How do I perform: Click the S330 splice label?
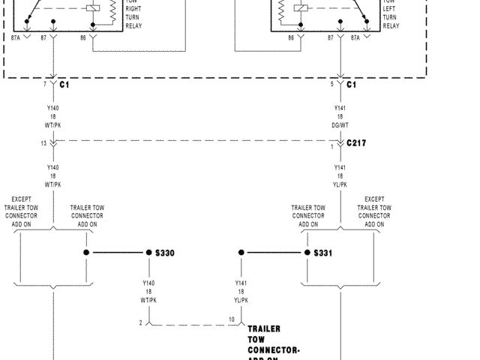[164, 253]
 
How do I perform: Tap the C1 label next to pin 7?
[64, 85]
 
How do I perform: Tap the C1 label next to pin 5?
[352, 85]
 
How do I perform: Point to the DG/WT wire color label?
[340, 125]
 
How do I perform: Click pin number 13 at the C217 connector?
[43, 143]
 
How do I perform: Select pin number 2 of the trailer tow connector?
[140, 322]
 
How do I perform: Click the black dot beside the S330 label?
[148, 253]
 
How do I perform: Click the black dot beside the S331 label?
[305, 253]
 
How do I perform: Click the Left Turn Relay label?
[391, 14]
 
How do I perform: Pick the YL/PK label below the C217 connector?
[340, 184]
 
